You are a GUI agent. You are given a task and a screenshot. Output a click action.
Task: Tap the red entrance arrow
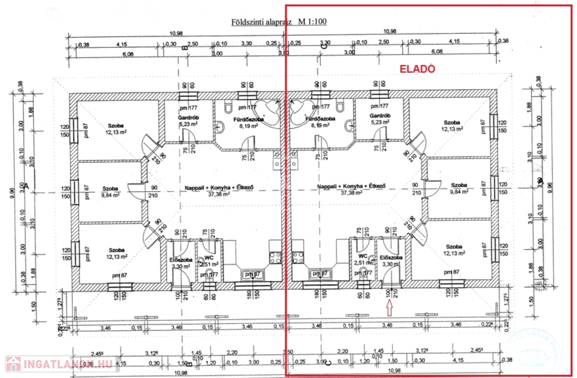click(389, 308)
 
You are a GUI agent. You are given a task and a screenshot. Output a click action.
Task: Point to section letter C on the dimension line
click(325, 48)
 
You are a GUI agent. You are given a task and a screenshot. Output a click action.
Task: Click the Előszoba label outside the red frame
click(179, 260)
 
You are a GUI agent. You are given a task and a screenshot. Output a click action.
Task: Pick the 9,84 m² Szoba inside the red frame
click(459, 185)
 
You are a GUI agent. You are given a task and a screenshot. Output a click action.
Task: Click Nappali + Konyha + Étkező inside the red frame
click(350, 186)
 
